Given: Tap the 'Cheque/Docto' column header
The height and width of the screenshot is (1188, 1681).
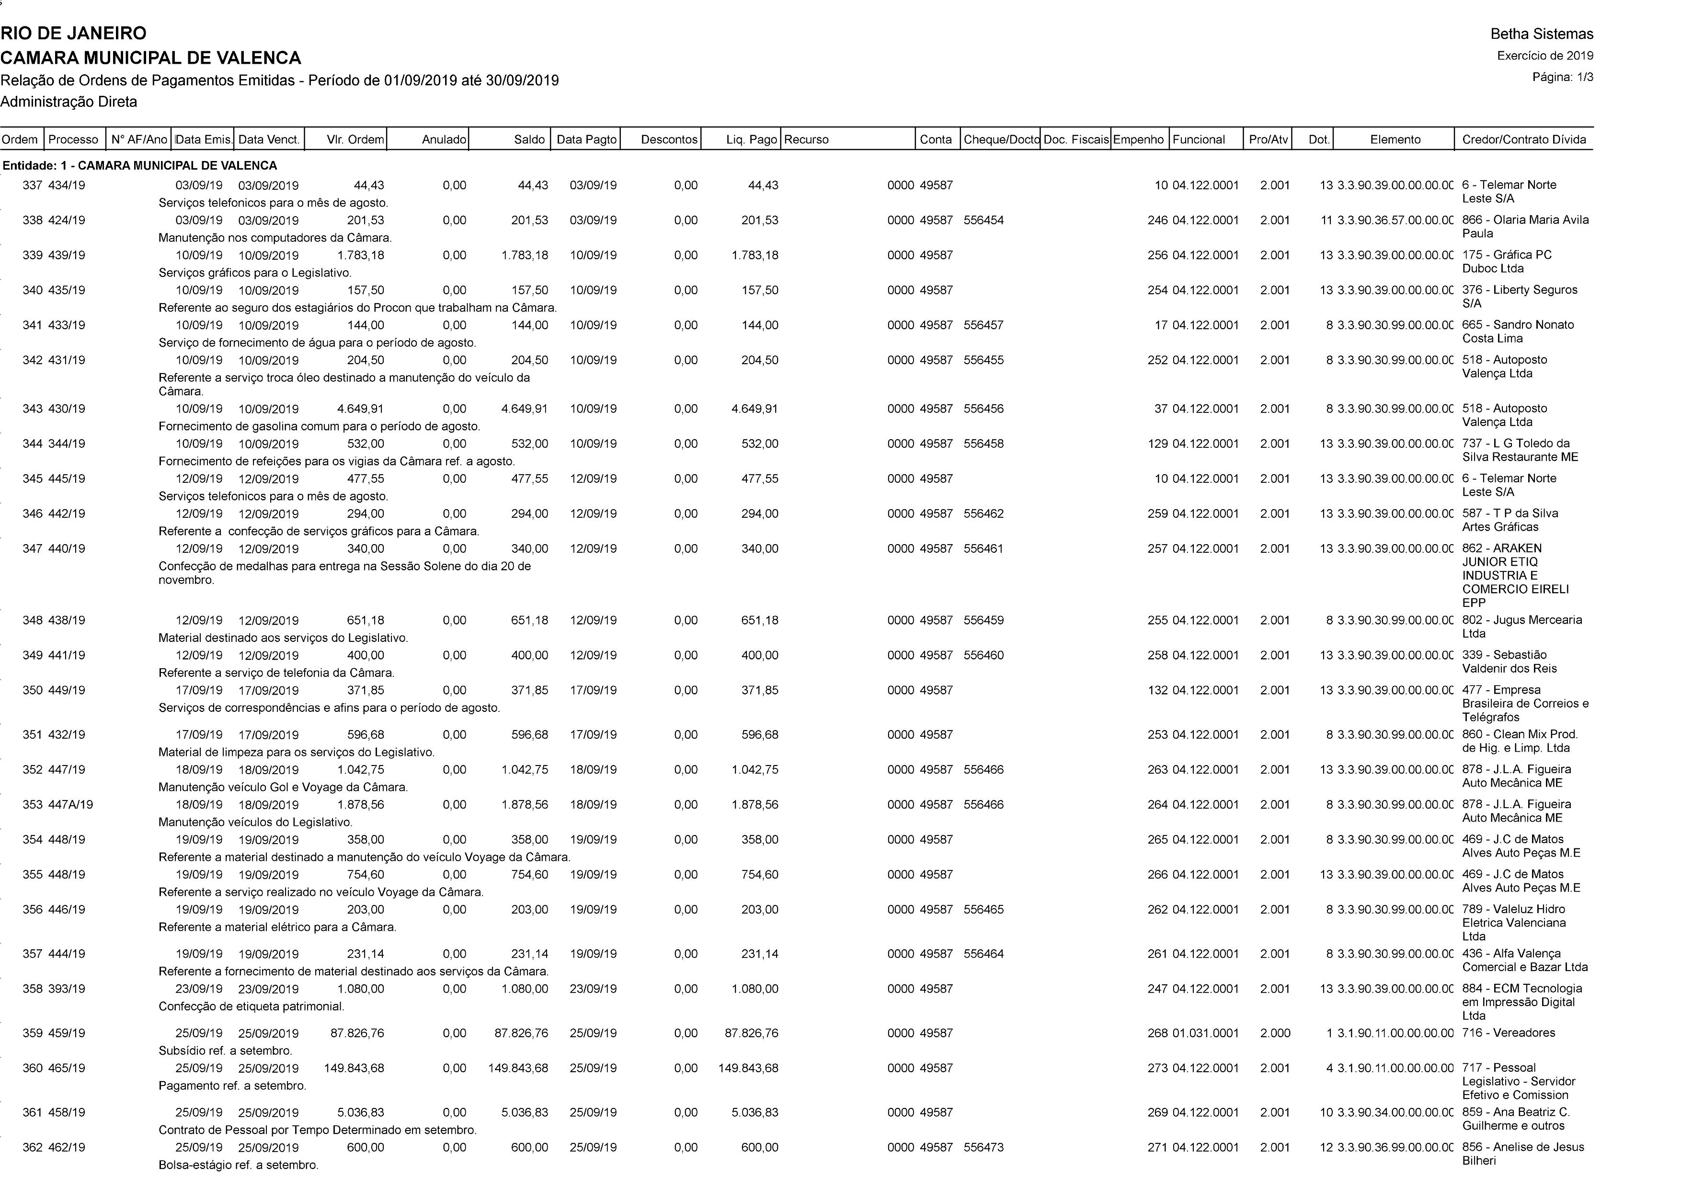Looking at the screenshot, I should pos(1001,139).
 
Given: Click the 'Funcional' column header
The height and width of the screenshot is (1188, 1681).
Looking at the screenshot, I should pos(1199,139).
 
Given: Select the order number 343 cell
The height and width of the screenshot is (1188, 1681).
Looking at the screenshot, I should pos(32,409).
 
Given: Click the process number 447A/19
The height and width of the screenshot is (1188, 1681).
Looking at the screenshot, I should pos(70,804).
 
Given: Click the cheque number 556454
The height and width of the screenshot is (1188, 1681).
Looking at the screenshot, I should pos(983,220).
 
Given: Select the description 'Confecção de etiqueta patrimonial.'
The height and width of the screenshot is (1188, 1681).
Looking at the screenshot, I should pos(251,1006).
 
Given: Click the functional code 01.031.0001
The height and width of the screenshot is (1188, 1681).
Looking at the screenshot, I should pos(1205,1033).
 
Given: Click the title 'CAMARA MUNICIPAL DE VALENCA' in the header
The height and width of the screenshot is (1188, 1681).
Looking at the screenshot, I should pos(151,58).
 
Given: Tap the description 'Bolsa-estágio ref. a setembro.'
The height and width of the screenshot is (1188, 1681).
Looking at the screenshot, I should pos(238,1165).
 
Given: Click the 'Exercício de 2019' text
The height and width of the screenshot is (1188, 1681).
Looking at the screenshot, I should pos(1545,56).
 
